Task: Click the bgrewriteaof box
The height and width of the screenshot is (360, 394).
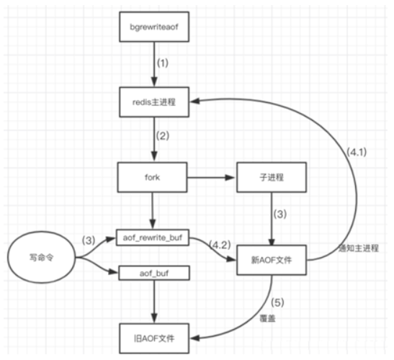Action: (154, 27)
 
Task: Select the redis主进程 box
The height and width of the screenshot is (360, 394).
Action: (154, 102)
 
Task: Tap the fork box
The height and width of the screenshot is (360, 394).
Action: (152, 177)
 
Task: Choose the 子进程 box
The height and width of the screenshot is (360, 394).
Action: (272, 177)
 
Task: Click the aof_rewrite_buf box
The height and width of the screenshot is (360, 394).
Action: (153, 238)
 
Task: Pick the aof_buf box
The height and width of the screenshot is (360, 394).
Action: (154, 274)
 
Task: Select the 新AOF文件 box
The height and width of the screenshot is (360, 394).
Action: (272, 260)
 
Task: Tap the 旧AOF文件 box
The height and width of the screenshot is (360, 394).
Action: (154, 338)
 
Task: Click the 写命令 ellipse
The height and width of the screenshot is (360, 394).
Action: (41, 257)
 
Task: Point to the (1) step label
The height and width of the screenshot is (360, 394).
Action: (163, 63)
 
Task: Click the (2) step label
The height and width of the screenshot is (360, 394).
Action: (163, 135)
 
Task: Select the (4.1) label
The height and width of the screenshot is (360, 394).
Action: (357, 152)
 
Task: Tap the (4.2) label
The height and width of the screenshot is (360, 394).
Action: (220, 245)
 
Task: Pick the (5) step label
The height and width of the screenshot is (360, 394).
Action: (277, 302)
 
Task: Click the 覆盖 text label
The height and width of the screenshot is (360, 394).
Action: (267, 318)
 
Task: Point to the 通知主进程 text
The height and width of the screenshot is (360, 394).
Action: (359, 248)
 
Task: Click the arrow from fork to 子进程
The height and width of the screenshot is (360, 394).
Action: (211, 178)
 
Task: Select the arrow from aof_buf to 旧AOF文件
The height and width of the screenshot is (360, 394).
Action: (154, 302)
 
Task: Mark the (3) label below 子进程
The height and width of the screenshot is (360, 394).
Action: (280, 214)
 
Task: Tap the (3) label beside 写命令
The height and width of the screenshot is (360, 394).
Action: (89, 240)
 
